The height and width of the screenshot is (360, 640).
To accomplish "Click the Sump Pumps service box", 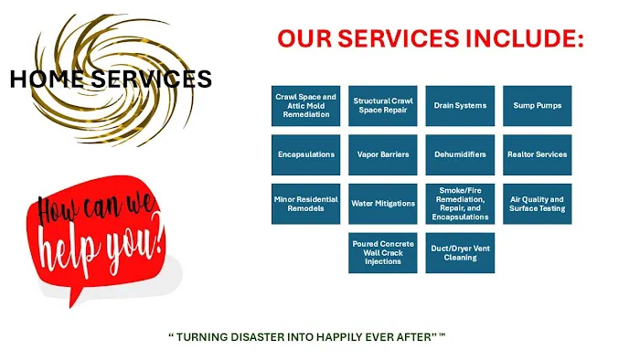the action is [x=538, y=106].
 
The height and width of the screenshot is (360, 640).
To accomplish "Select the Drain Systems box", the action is [x=460, y=106].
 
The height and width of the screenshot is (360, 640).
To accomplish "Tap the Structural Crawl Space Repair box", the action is [x=383, y=106].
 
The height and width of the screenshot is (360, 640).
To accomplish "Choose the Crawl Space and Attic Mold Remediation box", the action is [x=305, y=106].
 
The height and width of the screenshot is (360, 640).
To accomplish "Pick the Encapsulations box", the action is [x=305, y=154].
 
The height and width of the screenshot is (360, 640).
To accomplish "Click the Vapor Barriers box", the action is [x=383, y=154].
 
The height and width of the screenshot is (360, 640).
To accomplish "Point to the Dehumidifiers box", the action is [x=460, y=154].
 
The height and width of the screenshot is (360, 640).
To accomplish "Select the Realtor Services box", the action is [x=538, y=154].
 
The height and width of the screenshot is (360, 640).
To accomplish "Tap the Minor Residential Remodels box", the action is [x=305, y=204].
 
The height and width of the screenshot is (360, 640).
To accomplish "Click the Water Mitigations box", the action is [x=383, y=204].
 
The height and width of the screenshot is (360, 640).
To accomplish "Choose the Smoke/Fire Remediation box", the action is [x=460, y=204].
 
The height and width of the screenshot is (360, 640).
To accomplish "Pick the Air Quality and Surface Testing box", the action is [x=538, y=204].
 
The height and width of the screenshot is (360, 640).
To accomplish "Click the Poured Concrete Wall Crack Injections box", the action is [x=383, y=253].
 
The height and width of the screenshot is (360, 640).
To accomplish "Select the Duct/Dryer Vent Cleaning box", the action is [x=460, y=253].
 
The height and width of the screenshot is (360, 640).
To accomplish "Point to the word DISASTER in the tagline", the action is [x=256, y=337].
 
